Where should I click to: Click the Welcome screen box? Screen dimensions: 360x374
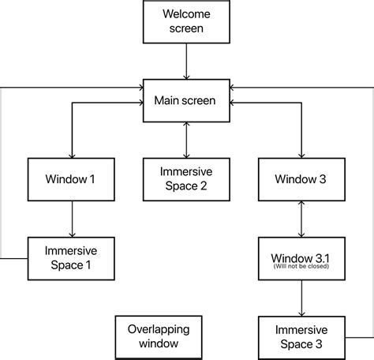pyautogui.click(x=186, y=21)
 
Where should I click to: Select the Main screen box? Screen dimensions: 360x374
pyautogui.click(x=186, y=100)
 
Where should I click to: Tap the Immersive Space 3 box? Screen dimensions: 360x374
pyautogui.click(x=301, y=336)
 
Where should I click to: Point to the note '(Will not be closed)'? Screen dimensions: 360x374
pyautogui.click(x=301, y=267)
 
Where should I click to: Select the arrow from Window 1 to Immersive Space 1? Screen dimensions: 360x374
pyautogui.click(x=72, y=218)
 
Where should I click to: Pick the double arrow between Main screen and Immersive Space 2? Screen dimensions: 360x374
pyautogui.click(x=186, y=140)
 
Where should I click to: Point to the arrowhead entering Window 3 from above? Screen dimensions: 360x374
pyautogui.click(x=301, y=155)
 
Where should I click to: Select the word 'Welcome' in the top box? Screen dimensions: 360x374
pyautogui.click(x=186, y=13)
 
